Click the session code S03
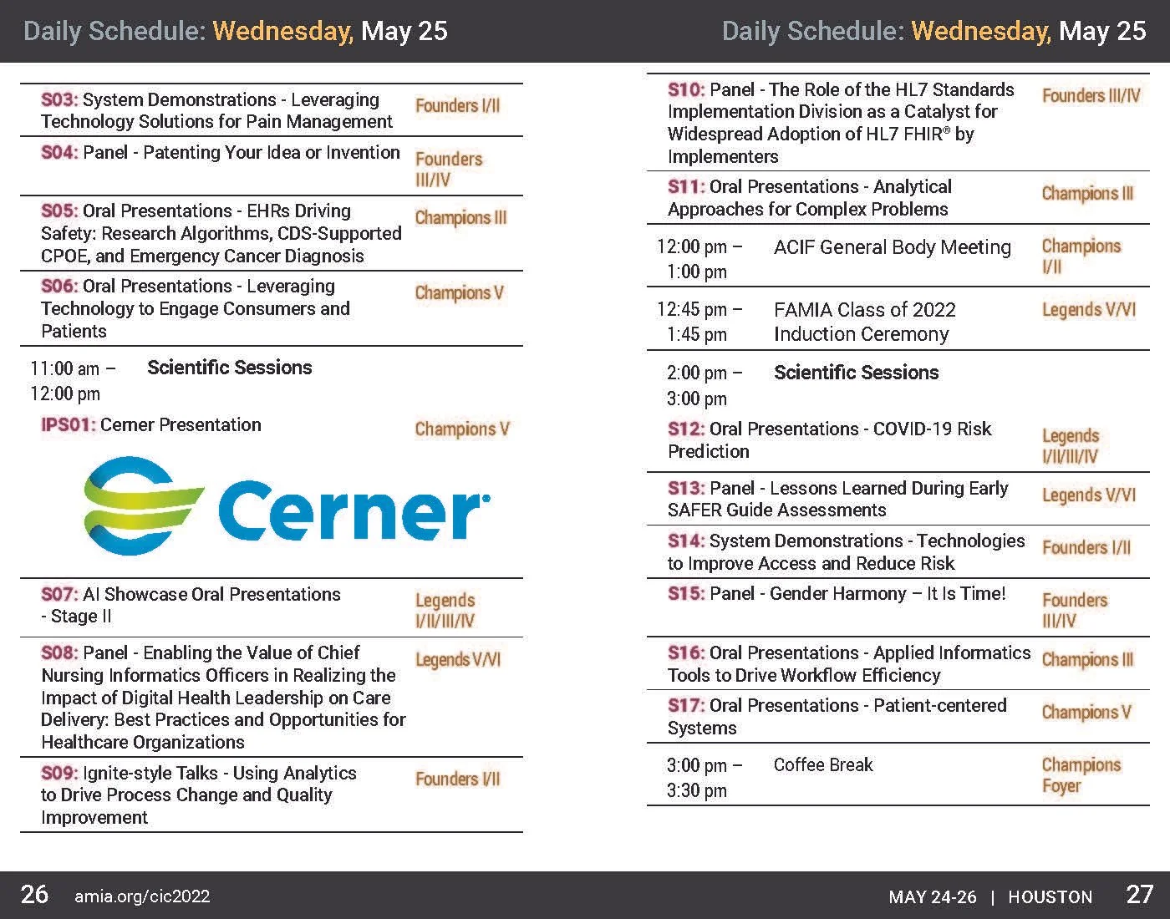click(59, 100)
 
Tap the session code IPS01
click(69, 425)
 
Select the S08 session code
click(59, 653)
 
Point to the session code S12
click(686, 429)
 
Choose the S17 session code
click(686, 706)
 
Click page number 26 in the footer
click(34, 895)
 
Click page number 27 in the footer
click(1139, 895)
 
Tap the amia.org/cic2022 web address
click(142, 897)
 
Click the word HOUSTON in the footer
click(1050, 897)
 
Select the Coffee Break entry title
click(822, 765)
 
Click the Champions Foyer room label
click(1081, 776)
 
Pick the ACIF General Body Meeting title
click(892, 248)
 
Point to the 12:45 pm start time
click(693, 310)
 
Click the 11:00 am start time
click(65, 368)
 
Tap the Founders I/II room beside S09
click(457, 779)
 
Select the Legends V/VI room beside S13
click(1088, 495)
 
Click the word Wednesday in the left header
click(282, 32)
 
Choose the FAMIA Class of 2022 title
click(864, 311)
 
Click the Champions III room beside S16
click(1086, 660)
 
